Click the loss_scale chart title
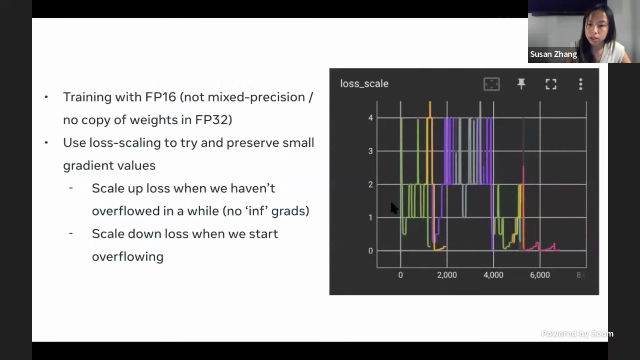coord(364,83)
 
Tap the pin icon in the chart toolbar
coord(521,83)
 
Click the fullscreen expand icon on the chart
coord(551,84)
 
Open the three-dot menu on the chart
coord(580,84)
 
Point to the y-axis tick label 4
coord(370,117)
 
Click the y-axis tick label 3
coord(370,151)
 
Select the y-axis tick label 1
coord(370,217)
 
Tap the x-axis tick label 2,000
coord(447,275)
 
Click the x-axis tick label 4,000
coord(493,275)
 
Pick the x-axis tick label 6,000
coord(540,275)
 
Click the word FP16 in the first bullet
coord(160,97)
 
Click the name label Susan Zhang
coord(553,54)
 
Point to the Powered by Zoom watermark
coord(577,333)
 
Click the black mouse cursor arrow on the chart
coord(394,208)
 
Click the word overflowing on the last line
coord(127,256)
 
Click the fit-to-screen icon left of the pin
coord(491,84)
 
